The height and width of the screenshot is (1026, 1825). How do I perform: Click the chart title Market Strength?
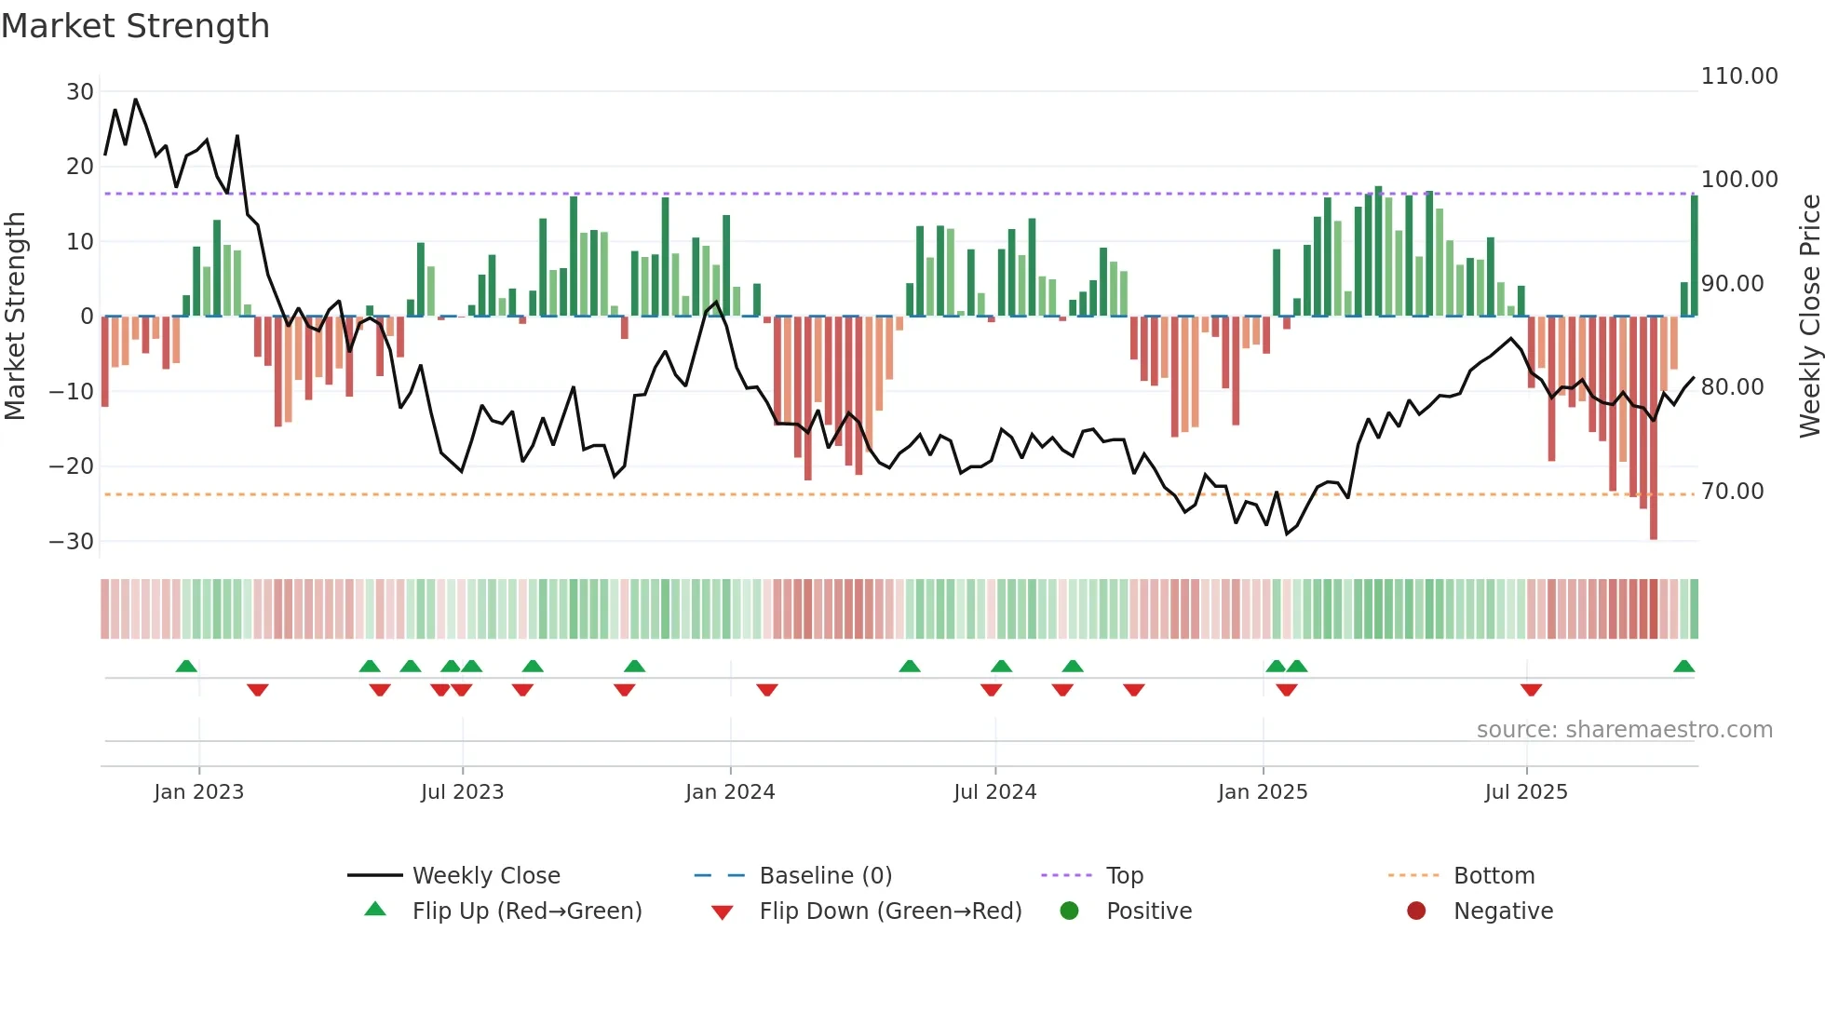(135, 26)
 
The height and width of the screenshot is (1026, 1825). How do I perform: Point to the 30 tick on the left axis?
(80, 92)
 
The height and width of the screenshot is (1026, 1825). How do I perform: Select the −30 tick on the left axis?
(72, 542)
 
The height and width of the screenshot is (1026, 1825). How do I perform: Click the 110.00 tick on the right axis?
(1738, 76)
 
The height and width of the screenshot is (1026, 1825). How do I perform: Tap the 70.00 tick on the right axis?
(1732, 492)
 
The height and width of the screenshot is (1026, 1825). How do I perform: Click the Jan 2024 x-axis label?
(730, 792)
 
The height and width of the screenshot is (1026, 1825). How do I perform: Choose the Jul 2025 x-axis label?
(1526, 792)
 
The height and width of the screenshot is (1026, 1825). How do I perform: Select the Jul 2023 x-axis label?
(462, 792)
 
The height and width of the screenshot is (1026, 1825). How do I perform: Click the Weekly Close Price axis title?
(1809, 317)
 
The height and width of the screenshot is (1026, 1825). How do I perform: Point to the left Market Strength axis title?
(15, 317)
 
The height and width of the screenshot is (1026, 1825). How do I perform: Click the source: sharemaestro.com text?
(1624, 730)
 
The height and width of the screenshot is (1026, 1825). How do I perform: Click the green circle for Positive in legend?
(1070, 911)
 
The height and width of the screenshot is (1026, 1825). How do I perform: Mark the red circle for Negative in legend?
(1416, 911)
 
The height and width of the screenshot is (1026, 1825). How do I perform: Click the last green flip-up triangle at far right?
(1683, 667)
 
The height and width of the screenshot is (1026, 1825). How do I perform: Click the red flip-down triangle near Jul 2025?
(1531, 690)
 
